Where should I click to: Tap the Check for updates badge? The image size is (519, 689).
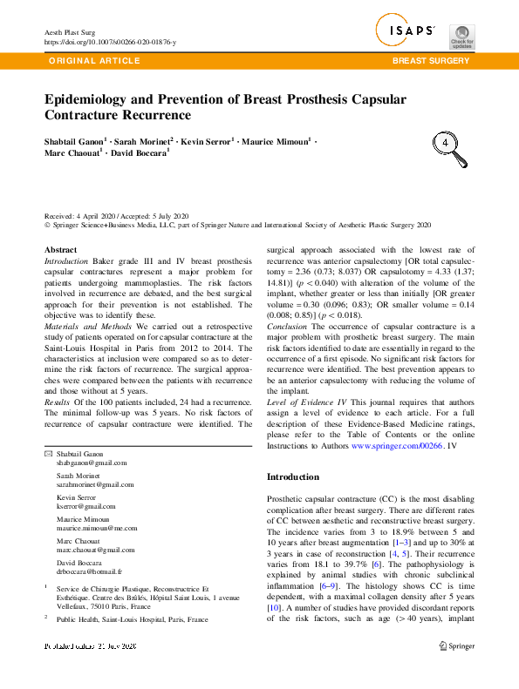(x=461, y=37)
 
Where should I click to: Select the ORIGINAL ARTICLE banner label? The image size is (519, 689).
(x=94, y=61)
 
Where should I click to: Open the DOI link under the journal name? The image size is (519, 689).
(x=109, y=41)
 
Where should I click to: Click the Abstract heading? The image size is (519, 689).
(x=60, y=250)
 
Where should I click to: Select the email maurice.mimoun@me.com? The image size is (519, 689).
(x=97, y=527)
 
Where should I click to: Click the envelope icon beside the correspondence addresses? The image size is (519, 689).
(x=48, y=454)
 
